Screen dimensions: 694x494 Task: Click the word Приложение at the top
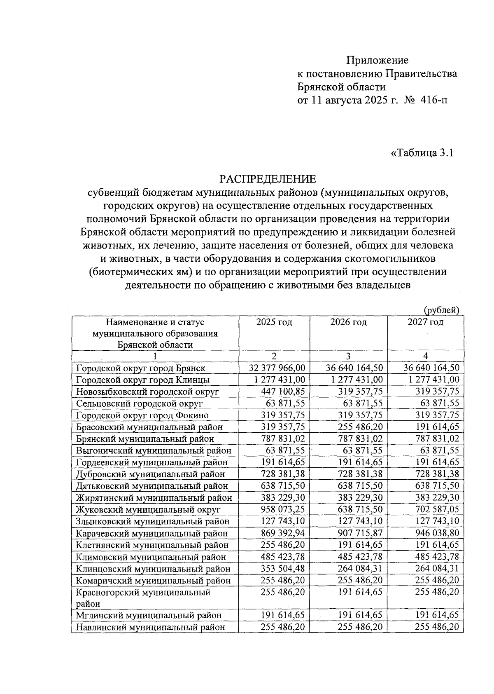pyautogui.click(x=377, y=61)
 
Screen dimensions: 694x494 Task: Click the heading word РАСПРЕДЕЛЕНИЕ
pyautogui.click(x=268, y=179)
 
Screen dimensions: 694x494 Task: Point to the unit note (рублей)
pyautogui.click(x=441, y=310)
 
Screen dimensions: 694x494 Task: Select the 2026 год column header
pyautogui.click(x=348, y=322)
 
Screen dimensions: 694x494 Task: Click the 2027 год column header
pyautogui.click(x=425, y=322)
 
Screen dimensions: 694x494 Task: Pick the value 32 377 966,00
pyautogui.click(x=278, y=368)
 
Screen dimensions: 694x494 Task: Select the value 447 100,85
pyautogui.click(x=283, y=392)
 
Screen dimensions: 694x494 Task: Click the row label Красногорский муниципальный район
pyautogui.click(x=143, y=598)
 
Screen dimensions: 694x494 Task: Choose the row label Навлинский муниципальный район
pyautogui.click(x=150, y=628)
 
